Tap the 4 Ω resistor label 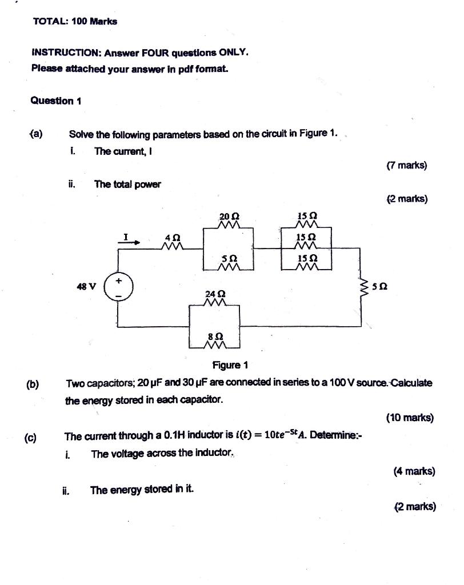[x=172, y=237]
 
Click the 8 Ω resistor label [x=214, y=337]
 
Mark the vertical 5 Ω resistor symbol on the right [x=361, y=287]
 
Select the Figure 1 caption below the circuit [x=230, y=365]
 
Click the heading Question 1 [x=56, y=101]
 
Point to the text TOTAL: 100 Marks [x=75, y=21]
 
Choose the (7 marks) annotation [x=406, y=166]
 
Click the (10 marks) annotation [x=410, y=418]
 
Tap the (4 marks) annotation [x=414, y=471]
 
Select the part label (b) [x=32, y=383]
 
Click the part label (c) [x=30, y=438]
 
